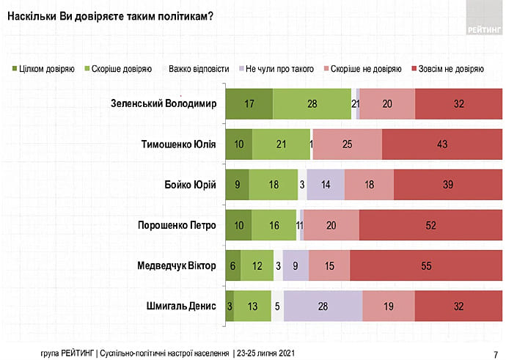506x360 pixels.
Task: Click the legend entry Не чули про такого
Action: click(x=276, y=69)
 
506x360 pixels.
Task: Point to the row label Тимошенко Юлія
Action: click(x=178, y=144)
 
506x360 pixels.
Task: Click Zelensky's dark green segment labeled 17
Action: click(x=249, y=103)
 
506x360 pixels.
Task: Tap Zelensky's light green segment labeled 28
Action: click(x=312, y=103)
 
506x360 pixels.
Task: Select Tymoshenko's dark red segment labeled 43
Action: click(x=442, y=144)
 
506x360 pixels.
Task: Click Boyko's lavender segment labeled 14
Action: click(x=325, y=185)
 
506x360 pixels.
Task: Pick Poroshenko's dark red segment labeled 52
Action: click(x=430, y=225)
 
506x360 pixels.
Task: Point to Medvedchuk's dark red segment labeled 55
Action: click(x=426, y=265)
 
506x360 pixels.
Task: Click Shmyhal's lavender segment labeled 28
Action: click(x=323, y=306)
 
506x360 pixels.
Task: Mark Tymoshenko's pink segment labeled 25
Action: click(x=347, y=144)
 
